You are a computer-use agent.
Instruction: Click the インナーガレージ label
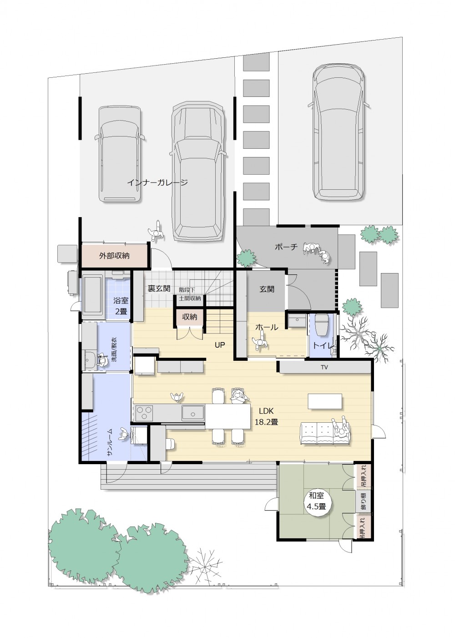(x=157, y=182)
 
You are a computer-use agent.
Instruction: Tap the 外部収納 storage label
(x=114, y=255)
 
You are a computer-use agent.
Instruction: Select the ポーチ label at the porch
(x=286, y=247)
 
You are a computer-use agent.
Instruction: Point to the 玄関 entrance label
(x=267, y=289)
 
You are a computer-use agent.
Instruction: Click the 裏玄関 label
(x=159, y=288)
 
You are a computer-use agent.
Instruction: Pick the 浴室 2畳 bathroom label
(x=121, y=305)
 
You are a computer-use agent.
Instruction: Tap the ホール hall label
(x=267, y=327)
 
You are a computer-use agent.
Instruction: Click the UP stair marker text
(x=220, y=345)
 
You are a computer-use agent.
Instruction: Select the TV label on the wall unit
(x=324, y=367)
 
